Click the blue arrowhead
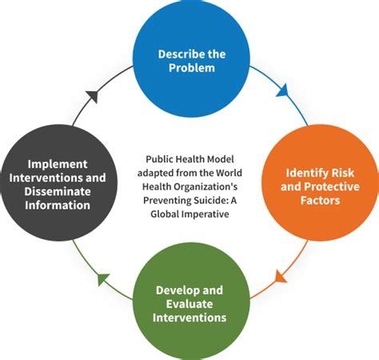[x=282, y=90]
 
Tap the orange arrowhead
[x=281, y=277]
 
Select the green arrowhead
[x=103, y=279]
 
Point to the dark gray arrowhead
[x=94, y=96]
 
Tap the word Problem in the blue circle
[x=192, y=68]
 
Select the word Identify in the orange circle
[x=303, y=174]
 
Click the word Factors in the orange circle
[x=320, y=200]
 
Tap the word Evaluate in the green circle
[x=189, y=304]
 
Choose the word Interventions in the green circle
[x=189, y=318]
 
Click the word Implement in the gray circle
[x=58, y=164]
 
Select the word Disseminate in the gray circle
[x=58, y=191]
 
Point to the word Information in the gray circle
[x=58, y=206]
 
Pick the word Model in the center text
[x=221, y=159]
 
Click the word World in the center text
[x=229, y=173]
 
